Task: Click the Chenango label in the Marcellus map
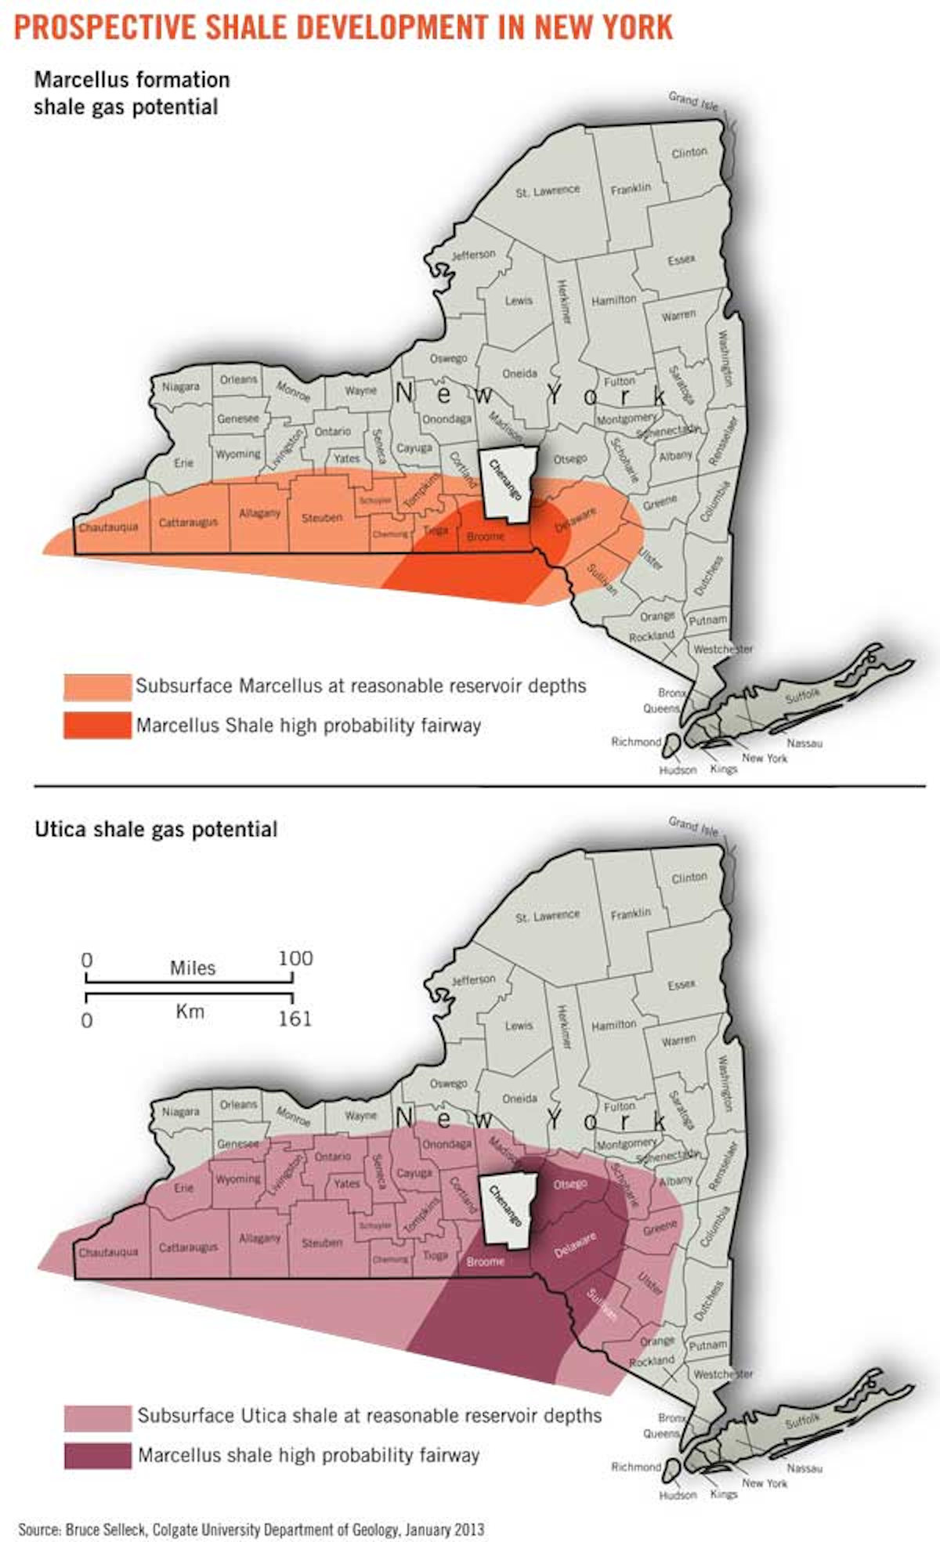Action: (x=505, y=480)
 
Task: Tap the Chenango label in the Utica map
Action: (x=505, y=1205)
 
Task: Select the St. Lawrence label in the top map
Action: (x=548, y=190)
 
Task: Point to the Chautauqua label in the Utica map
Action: (x=108, y=1252)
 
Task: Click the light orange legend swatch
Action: (x=97, y=686)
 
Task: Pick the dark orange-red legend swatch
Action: (x=97, y=725)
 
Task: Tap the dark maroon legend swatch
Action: (x=97, y=1456)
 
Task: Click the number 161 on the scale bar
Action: (x=295, y=1019)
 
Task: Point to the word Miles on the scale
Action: (x=193, y=968)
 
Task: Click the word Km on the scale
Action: (x=190, y=1012)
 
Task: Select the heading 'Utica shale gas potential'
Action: (x=156, y=830)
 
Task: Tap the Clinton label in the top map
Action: (x=689, y=152)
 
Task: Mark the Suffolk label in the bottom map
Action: (x=802, y=1421)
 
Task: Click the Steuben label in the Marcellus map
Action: (x=322, y=518)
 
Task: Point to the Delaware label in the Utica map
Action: (x=576, y=1245)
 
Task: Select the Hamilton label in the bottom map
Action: (x=614, y=1025)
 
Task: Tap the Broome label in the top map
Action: (x=486, y=537)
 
